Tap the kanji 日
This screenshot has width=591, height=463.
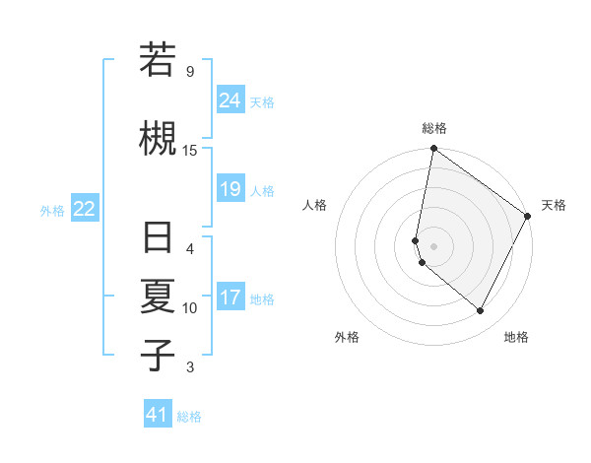[x=158, y=240]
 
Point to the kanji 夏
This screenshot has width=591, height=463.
[x=158, y=297]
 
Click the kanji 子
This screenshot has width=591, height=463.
[x=158, y=355]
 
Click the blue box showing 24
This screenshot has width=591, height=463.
[x=230, y=100]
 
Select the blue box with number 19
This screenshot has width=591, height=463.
[x=230, y=189]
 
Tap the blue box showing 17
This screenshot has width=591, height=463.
[x=230, y=298]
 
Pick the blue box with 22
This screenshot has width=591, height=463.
[x=85, y=209]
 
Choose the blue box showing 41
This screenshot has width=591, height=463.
[x=158, y=415]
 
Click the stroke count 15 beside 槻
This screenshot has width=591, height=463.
[x=190, y=150]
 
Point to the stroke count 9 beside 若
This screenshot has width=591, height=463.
[x=190, y=71]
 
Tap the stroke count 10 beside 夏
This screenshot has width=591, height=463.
[x=190, y=308]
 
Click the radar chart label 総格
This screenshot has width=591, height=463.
[x=434, y=128]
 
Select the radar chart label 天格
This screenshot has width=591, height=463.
[x=554, y=205]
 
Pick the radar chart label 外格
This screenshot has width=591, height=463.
[x=347, y=337]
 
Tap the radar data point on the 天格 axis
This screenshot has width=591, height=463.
[x=528, y=216]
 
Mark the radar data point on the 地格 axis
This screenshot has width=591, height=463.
[x=481, y=311]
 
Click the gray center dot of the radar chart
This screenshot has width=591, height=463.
[x=434, y=245]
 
